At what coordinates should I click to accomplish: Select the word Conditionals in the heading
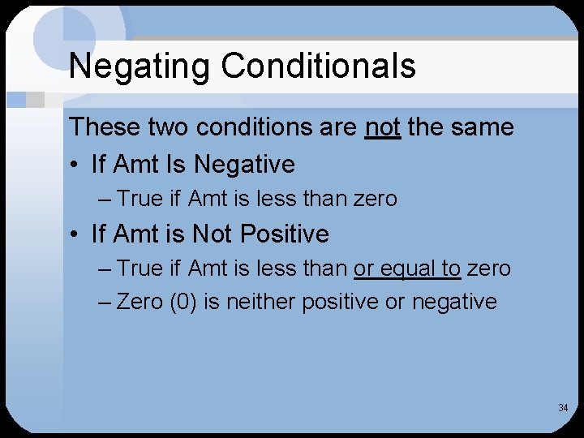[319, 67]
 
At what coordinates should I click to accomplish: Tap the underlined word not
[383, 127]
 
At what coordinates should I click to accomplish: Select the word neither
[258, 302]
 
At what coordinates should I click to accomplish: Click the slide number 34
[563, 407]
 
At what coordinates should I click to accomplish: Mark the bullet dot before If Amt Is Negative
[74, 165]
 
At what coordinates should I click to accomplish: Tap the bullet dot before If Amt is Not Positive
[74, 235]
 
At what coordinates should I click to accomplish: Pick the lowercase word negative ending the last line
[454, 302]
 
